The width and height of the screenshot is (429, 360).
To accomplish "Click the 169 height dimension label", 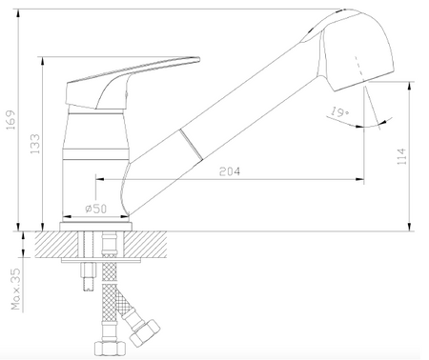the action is pos(11,120).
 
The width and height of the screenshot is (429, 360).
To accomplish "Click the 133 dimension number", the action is pos(35,144).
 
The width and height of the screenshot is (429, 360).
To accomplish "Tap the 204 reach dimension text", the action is pos(230,171).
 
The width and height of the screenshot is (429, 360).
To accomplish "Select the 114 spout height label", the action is pos(401,156).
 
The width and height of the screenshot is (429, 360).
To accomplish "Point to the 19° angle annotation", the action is pos(339,111).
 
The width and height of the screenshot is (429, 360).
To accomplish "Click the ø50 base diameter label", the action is pos(96,209).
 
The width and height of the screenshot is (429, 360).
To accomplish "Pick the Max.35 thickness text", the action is pos(15,290).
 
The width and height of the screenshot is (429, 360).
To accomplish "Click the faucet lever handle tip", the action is pos(198,59).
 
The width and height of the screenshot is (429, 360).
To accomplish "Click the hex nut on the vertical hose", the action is pos(111,349).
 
